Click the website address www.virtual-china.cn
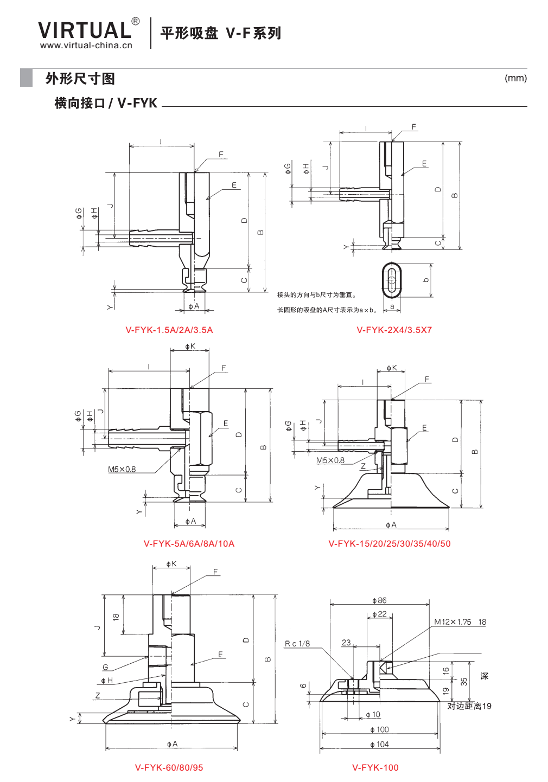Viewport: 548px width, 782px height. [x=86, y=45]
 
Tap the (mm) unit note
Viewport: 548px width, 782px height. [x=515, y=78]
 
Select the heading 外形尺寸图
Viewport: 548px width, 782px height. [x=80, y=79]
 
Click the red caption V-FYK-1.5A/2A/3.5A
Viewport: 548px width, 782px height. [x=169, y=330]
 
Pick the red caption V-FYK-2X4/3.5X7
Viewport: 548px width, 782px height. [x=394, y=330]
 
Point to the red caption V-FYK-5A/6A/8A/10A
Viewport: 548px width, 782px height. [x=189, y=543]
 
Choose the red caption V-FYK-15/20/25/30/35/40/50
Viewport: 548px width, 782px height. [x=390, y=543]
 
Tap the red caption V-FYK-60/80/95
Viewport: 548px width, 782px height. [x=169, y=767]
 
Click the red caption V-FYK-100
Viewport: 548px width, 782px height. [x=375, y=767]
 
